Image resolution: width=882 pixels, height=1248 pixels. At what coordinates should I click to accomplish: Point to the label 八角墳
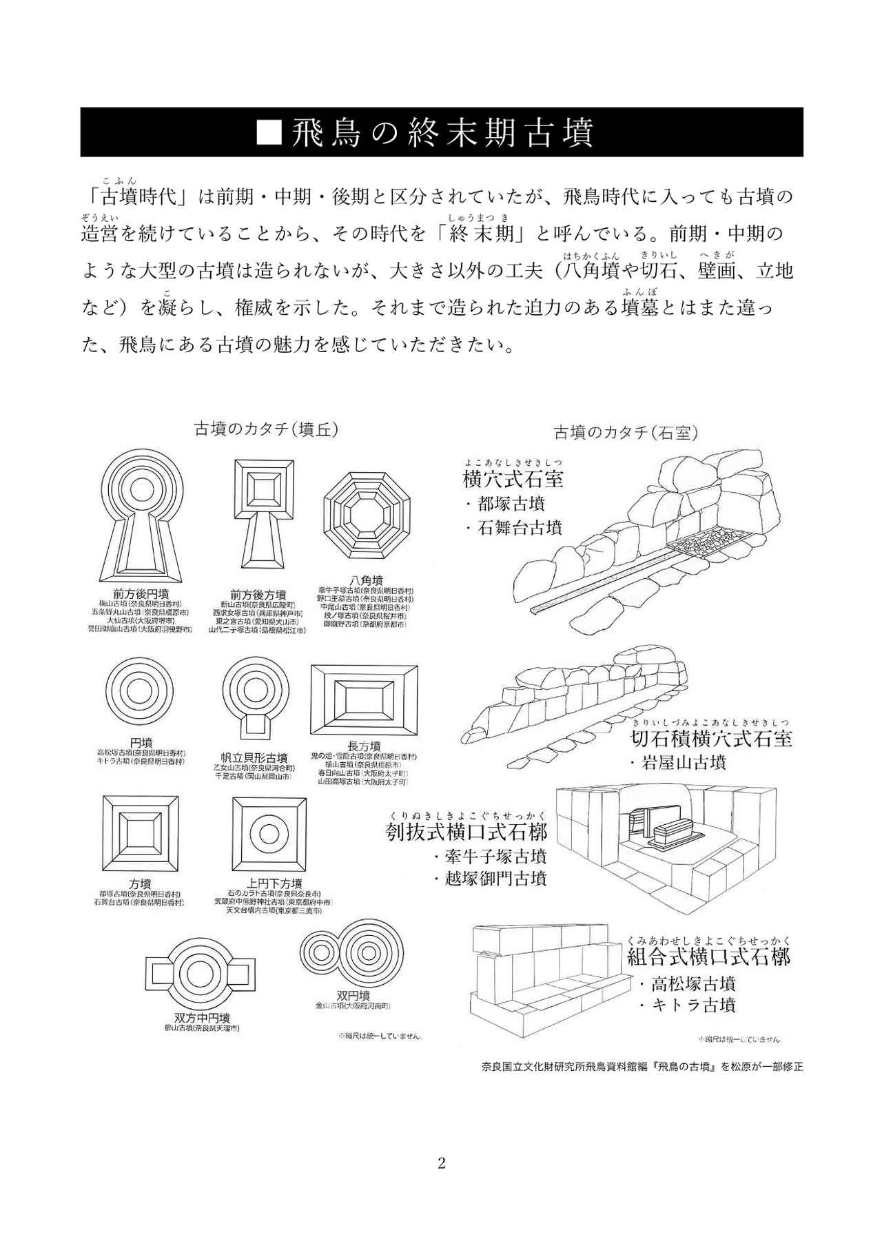click(x=366, y=581)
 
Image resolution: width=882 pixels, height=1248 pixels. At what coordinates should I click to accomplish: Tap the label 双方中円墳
click(x=202, y=1018)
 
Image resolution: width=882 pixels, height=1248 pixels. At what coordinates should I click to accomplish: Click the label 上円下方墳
click(x=274, y=883)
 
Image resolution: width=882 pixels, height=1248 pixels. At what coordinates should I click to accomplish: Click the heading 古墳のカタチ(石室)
click(x=626, y=433)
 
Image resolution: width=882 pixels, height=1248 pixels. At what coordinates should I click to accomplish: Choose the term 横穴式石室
click(x=513, y=480)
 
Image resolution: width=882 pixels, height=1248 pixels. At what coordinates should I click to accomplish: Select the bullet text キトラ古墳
click(x=692, y=1005)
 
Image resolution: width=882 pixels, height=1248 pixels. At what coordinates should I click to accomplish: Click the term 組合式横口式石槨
click(x=708, y=957)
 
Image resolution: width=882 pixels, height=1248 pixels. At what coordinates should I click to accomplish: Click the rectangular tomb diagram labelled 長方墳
click(x=365, y=700)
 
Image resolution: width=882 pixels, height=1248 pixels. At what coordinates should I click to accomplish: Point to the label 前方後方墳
click(x=258, y=594)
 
